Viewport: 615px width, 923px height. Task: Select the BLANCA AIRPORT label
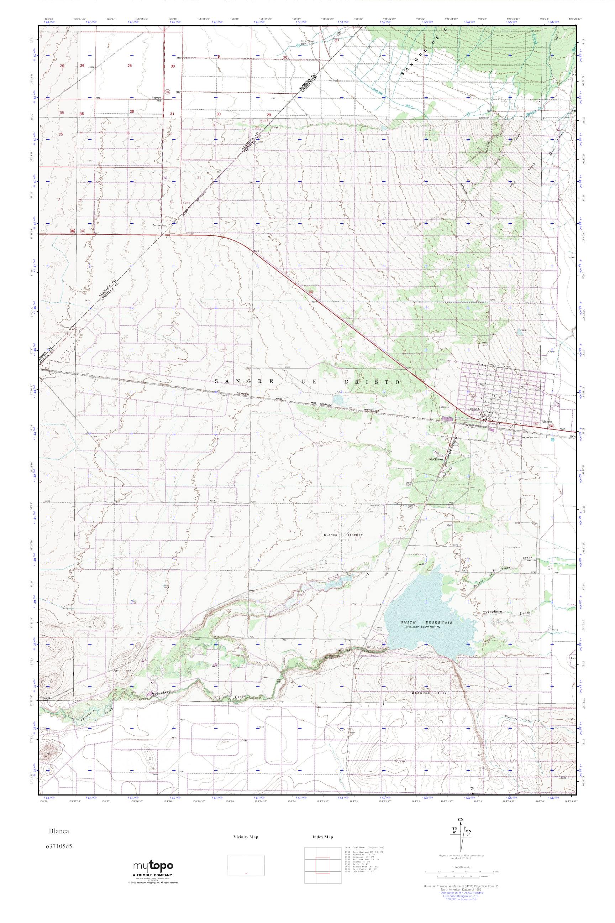click(x=343, y=535)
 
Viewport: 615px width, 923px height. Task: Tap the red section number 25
click(x=130, y=66)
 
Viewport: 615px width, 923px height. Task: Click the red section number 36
click(x=132, y=112)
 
